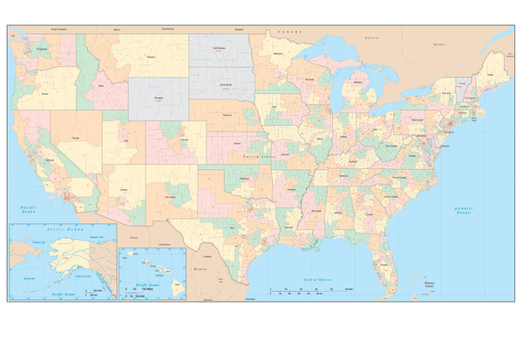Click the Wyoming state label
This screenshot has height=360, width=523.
pyautogui.click(x=158, y=98)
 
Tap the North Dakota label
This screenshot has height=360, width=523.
pyautogui.click(x=223, y=51)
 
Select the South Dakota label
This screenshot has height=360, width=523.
pyautogui.click(x=224, y=84)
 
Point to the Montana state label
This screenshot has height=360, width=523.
pyautogui.click(x=151, y=57)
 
